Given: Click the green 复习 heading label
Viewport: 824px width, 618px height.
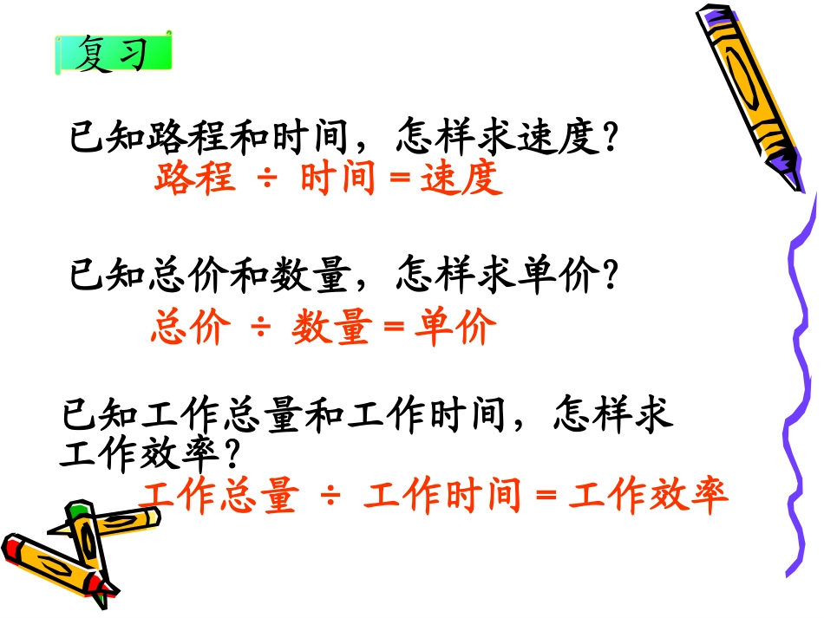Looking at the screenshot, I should (113, 54).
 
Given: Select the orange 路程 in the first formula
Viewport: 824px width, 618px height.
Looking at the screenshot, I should (195, 179).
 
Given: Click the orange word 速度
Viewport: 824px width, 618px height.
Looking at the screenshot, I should (461, 179).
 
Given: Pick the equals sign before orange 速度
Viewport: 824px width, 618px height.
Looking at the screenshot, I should (399, 179).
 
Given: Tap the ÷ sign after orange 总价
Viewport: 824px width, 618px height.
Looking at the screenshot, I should (261, 329).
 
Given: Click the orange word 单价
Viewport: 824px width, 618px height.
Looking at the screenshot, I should (455, 329).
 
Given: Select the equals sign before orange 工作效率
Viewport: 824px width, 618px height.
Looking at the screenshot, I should (545, 498).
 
